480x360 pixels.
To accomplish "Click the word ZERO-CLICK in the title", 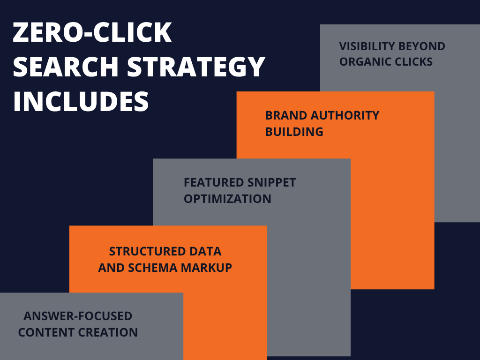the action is click(x=92, y=32).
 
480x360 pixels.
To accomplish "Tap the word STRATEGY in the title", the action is click(x=196, y=67).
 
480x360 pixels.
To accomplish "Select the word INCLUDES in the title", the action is click(x=81, y=101).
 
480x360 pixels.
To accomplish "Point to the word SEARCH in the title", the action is click(x=66, y=67).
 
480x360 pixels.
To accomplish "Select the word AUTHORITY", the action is click(x=345, y=115).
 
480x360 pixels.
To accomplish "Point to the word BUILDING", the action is click(x=294, y=132).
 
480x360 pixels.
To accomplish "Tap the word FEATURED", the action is click(x=214, y=182).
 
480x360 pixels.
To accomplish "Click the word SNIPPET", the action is click(x=271, y=182).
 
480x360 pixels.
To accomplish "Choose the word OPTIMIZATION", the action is click(x=227, y=199).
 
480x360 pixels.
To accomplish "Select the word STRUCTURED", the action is click(x=147, y=251).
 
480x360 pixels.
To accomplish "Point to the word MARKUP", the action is click(x=206, y=268).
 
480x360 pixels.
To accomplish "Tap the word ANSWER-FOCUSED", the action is click(x=78, y=316).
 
